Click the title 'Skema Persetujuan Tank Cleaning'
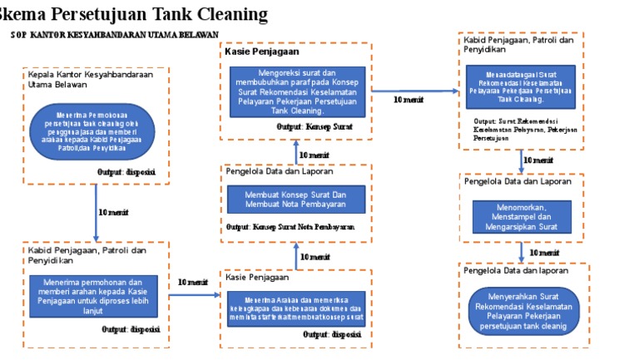(133, 14)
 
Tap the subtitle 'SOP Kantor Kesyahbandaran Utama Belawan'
(114, 35)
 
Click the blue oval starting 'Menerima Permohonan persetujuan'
(92, 131)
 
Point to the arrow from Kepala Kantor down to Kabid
(97, 212)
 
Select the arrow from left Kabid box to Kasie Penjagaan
(193, 293)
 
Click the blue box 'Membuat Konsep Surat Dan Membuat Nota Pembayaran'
(296, 199)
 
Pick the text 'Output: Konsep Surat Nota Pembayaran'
(290, 226)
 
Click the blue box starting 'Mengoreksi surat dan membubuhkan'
(297, 91)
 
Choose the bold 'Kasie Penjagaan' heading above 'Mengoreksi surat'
(262, 52)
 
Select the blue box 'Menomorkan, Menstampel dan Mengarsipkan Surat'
(522, 217)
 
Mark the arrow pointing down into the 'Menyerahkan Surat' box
(522, 253)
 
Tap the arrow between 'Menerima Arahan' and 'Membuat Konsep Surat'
(297, 256)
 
